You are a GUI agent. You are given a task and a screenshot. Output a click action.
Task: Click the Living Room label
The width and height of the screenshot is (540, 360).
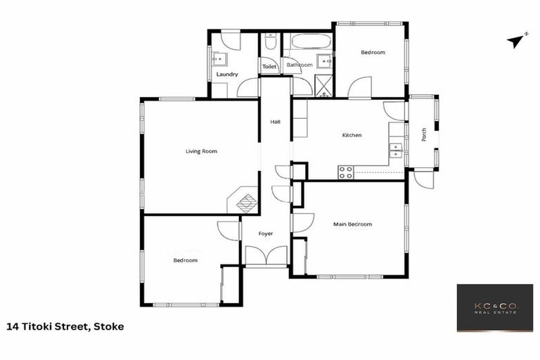[x=201, y=151]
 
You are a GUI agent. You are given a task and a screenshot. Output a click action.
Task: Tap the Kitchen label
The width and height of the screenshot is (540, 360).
[x=352, y=135]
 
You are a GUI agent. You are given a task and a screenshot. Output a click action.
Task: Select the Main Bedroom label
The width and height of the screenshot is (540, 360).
[x=352, y=224]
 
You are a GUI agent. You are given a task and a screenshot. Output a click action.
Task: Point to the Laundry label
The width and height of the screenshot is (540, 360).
[x=226, y=74]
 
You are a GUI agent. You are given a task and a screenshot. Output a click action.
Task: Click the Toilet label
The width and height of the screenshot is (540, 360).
[x=269, y=67]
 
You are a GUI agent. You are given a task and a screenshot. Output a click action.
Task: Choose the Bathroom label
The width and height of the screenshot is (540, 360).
[x=299, y=65]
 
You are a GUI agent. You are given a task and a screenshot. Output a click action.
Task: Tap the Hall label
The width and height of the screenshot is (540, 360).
[x=276, y=122]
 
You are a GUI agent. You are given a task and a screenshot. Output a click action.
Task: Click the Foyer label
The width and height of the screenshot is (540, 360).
[x=265, y=233]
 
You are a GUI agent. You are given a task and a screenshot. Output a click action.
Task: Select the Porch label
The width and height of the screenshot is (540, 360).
[x=424, y=134]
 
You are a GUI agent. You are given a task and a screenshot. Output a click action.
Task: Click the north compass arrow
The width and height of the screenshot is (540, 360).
[x=517, y=41]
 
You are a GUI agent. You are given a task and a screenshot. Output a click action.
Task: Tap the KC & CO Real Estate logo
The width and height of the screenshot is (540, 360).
[x=494, y=308]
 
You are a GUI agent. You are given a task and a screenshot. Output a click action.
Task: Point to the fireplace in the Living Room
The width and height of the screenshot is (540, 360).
[x=246, y=202]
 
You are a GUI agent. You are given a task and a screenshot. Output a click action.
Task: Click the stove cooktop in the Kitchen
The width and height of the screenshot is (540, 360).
[x=345, y=172]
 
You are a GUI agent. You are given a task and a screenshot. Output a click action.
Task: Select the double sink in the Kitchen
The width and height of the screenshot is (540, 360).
[x=397, y=150]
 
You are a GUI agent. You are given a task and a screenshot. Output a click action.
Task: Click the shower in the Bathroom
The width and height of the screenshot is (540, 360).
[x=323, y=86]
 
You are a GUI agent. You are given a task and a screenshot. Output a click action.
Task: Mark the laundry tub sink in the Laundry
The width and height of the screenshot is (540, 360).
[x=218, y=60]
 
